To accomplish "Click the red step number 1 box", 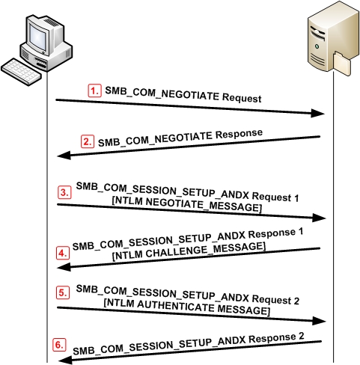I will pos(94,91).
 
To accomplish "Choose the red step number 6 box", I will pos(58,345).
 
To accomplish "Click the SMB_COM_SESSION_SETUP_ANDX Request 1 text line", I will pos(188,191).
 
